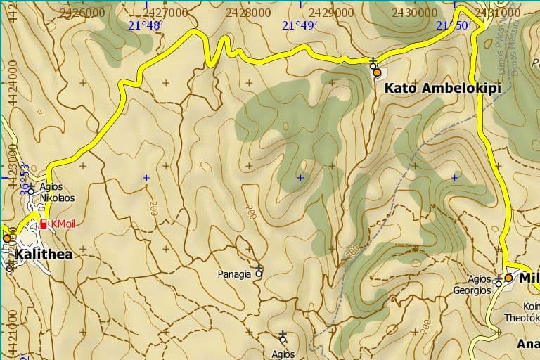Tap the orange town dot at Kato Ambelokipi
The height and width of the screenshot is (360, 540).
377,72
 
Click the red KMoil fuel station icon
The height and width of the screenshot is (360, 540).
44,224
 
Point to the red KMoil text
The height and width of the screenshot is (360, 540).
63,224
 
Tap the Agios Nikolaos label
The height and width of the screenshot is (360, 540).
57,193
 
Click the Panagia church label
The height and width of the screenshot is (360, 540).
234,274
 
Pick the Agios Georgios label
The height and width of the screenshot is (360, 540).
471,285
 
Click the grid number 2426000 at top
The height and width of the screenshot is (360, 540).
84,12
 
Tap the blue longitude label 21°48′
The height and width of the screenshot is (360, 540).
146,25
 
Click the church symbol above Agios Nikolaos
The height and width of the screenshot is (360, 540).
31,187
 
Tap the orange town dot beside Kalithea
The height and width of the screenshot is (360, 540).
6,238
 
